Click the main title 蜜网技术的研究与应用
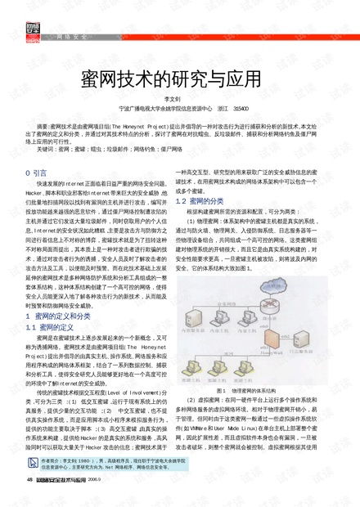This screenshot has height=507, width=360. [x=179, y=79]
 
